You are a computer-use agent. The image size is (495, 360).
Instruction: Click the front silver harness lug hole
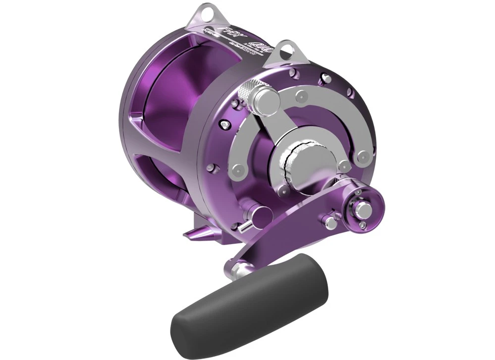click(288, 49)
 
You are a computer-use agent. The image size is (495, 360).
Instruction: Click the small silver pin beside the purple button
click(244, 226)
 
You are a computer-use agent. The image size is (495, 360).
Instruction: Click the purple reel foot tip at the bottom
click(191, 233)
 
